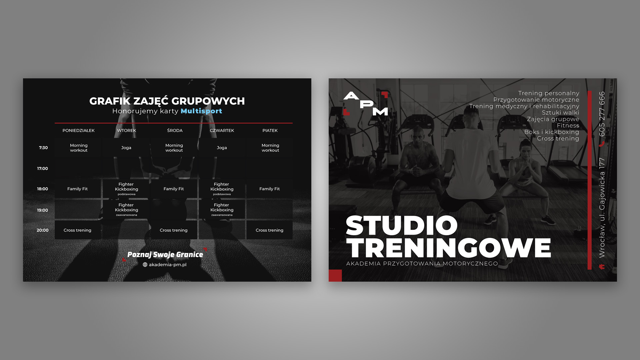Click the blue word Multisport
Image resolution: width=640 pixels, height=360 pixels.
pos(201,111)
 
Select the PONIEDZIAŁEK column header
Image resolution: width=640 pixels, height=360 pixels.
pos(78,130)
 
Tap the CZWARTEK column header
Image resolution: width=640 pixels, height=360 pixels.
pos(222,130)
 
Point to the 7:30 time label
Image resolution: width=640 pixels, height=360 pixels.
pos(43,148)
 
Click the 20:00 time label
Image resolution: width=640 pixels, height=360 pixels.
pos(43,230)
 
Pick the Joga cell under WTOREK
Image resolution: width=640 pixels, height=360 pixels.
pos(126,148)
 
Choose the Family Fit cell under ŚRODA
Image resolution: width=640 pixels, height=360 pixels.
pos(174,189)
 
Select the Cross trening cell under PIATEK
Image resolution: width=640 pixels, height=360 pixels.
pos(269,230)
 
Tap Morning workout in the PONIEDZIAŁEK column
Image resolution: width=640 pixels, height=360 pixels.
pos(79,148)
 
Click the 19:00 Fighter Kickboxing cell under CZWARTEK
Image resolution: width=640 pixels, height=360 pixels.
pos(222,210)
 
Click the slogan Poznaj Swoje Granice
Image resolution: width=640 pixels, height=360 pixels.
pos(165,255)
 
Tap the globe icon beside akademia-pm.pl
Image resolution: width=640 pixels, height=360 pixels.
pos(145,265)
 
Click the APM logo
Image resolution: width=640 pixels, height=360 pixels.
pos(366,104)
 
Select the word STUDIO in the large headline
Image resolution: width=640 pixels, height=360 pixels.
pos(402,226)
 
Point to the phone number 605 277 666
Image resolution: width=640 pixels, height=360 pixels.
pos(602,114)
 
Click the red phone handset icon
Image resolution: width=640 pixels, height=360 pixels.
pos(602,144)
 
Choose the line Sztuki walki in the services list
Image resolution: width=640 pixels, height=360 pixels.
pos(560,113)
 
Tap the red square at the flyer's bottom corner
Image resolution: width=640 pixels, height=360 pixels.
pos(335,276)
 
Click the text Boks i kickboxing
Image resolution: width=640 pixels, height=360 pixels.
pos(552,132)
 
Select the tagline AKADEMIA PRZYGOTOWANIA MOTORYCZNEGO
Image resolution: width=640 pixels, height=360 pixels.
pos(422,264)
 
